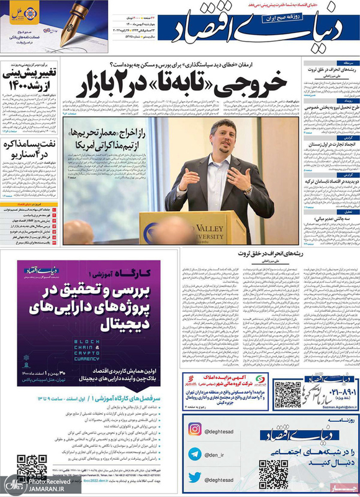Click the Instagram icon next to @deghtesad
click(194, 429)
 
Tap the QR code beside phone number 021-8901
click(287, 394)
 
